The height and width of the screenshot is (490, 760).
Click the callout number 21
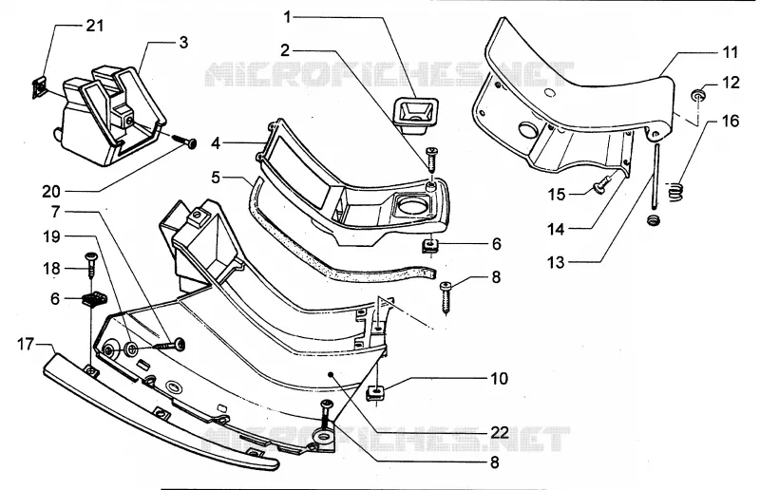pos(95,26)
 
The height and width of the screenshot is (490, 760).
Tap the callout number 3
pos(182,42)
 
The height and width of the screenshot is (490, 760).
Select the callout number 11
pos(730,52)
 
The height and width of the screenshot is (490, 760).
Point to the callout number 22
pos(500,432)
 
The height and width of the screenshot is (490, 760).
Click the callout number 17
pos(26,345)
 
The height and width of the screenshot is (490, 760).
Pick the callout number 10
pos(500,378)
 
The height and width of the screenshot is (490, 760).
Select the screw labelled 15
pos(601,186)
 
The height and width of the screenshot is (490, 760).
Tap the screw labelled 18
pos(90,265)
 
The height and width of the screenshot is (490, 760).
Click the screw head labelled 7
pos(180,345)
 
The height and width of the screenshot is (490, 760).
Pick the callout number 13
pos(556,262)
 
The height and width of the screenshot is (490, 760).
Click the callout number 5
pos(216,178)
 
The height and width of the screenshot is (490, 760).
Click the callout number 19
pos(52,237)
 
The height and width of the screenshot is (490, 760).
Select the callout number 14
pos(556,229)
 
